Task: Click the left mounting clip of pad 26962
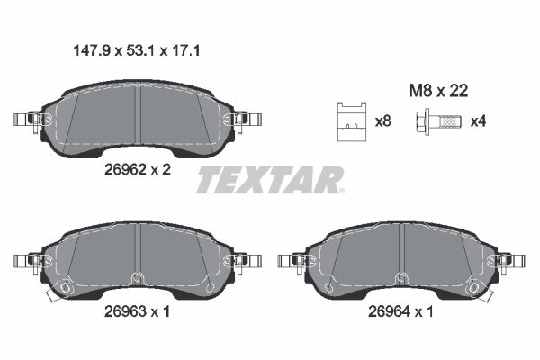coord(31,120)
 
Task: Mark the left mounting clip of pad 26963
coord(31,261)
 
